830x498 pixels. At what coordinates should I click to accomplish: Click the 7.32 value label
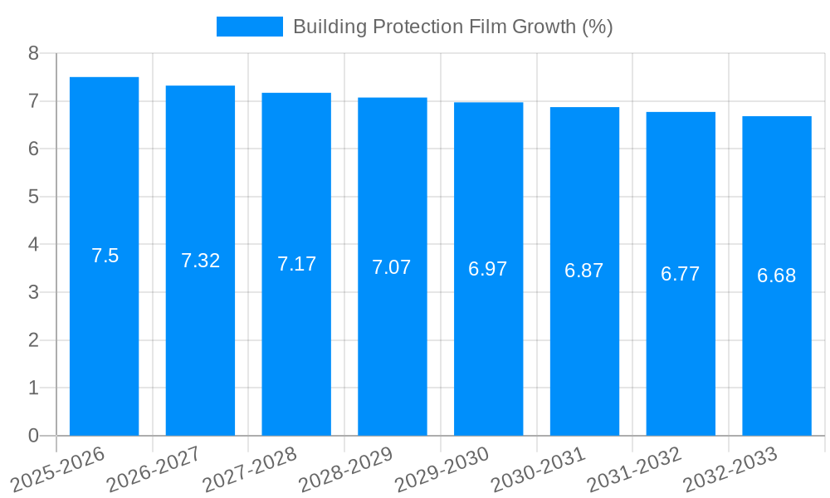pos(200,261)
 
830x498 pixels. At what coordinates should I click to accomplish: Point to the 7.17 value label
pos(296,264)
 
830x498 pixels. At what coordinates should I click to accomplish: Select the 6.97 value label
pos(488,269)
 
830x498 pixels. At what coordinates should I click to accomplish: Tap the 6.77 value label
pos(681,274)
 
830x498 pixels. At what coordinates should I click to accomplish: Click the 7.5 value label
pos(105,256)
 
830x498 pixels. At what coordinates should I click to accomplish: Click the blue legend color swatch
pos(249,27)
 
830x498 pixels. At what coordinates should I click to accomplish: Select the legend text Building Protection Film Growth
pos(452,27)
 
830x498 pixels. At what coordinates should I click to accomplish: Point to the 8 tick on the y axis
pos(33,53)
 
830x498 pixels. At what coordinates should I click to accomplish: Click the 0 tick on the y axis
pos(33,436)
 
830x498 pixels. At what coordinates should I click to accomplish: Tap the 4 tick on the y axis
pos(33,245)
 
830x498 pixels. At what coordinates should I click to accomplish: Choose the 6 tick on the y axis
pos(33,149)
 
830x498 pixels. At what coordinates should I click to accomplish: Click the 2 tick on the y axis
pos(33,340)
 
